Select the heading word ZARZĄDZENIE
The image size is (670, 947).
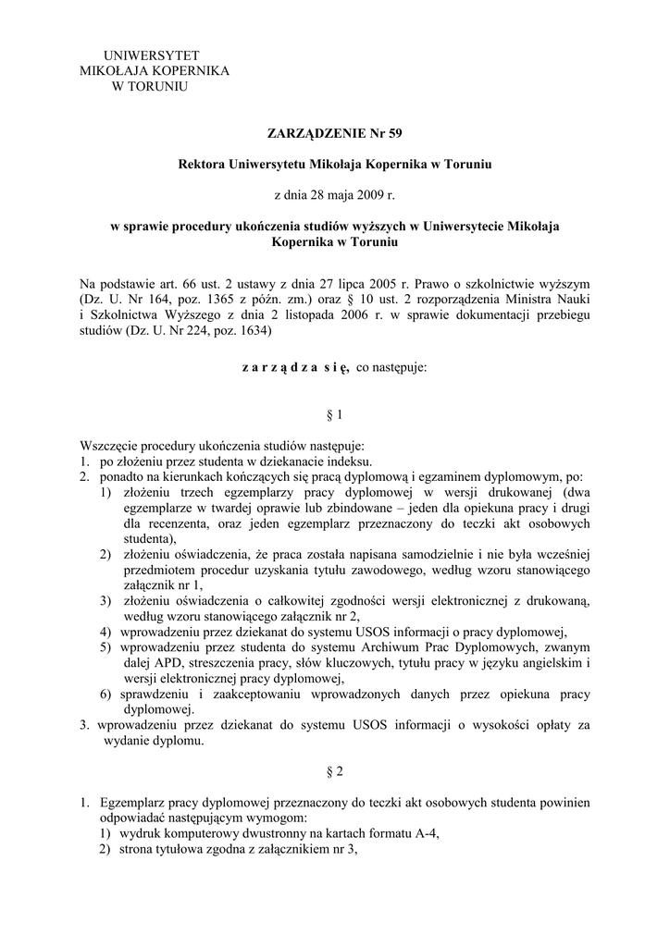coord(312,133)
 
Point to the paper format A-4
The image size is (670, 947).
coord(422,833)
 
